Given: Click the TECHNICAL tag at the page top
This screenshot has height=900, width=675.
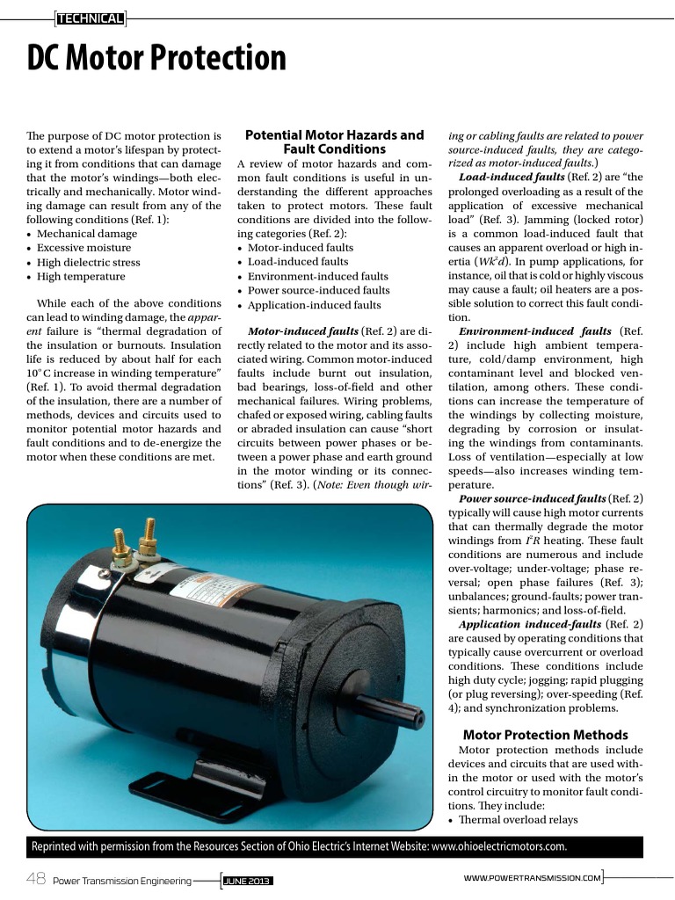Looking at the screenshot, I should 89,17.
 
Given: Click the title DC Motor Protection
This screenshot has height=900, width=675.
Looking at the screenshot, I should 156,59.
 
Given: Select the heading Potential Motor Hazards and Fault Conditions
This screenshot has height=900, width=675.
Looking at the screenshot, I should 334,142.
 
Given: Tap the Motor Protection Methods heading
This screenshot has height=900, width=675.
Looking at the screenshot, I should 545,735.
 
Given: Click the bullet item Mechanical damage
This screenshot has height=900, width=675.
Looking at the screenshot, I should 86,234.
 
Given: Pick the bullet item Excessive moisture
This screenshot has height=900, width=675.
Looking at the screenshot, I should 83,248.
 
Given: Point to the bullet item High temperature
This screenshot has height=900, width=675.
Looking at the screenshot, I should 81,276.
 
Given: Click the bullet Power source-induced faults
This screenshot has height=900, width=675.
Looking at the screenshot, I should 318,290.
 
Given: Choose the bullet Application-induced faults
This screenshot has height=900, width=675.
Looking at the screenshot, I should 314,305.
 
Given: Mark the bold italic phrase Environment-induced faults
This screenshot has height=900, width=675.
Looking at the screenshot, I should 535,331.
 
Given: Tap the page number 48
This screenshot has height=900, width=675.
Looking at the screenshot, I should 36,879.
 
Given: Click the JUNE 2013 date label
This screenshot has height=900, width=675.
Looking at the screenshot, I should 247,880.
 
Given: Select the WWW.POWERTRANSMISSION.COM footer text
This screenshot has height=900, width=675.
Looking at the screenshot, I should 532,878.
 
